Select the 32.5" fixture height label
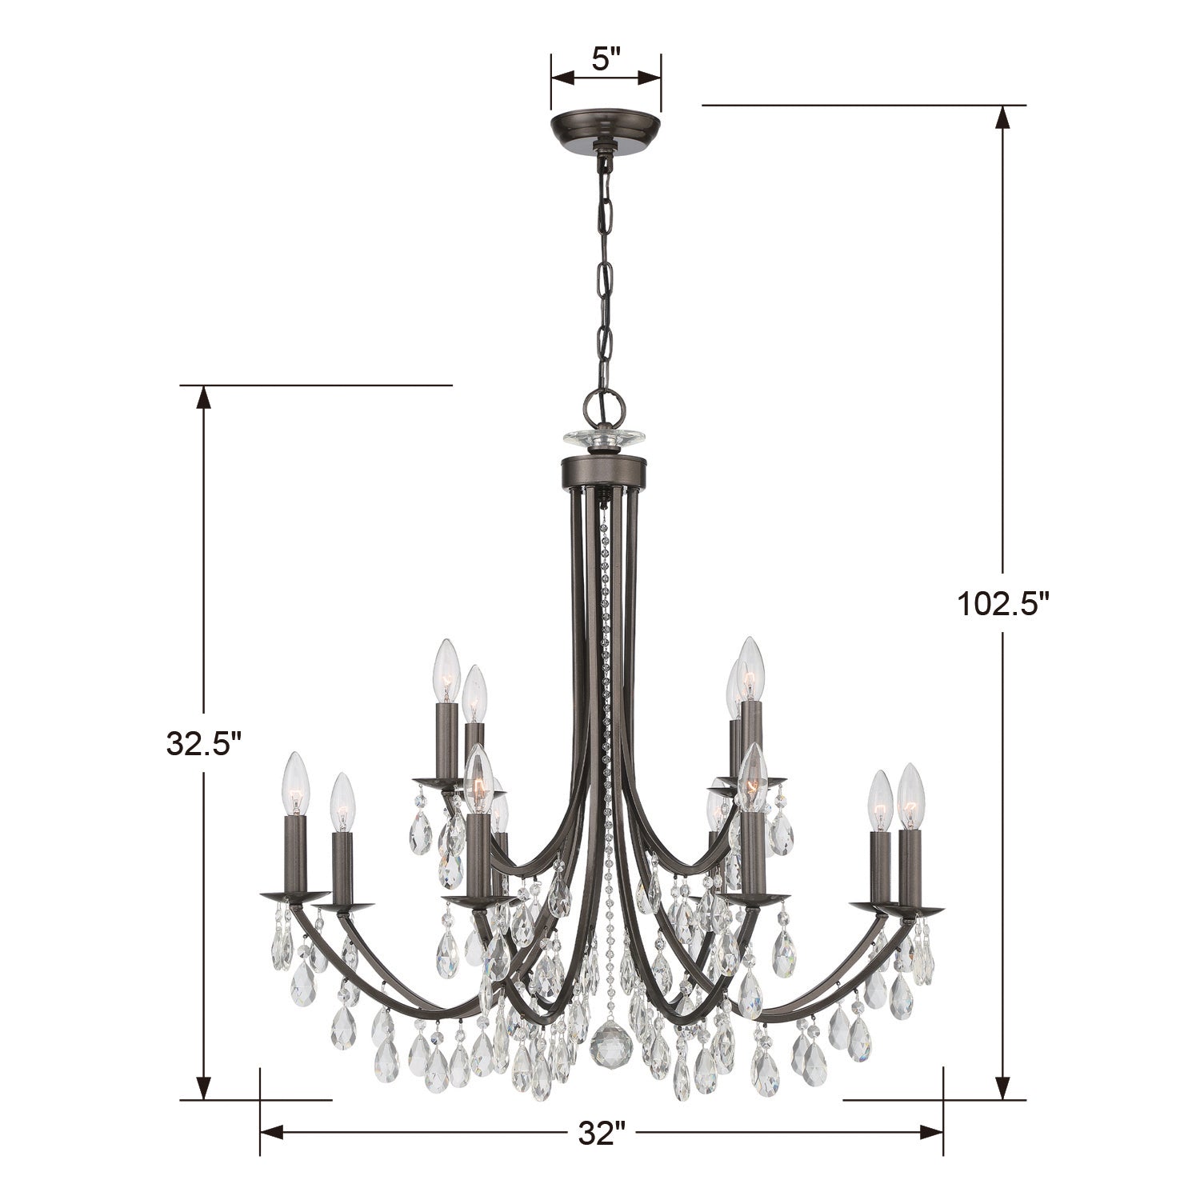click(203, 743)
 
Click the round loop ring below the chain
click(605, 407)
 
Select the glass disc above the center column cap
click(605, 438)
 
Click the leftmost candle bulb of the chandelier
click(295, 783)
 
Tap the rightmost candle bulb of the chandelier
click(910, 795)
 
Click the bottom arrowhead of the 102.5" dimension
click(1002, 1088)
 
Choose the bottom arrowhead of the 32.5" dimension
click(204, 1088)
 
